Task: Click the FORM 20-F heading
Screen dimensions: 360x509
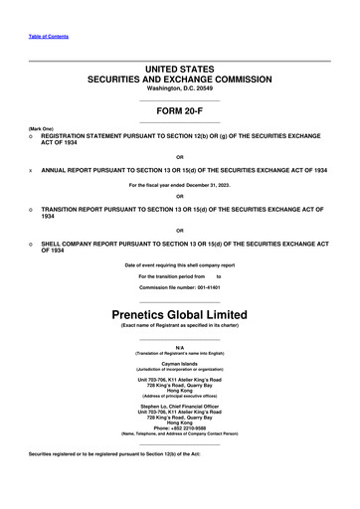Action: (180, 110)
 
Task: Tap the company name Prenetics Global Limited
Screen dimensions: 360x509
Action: (180, 315)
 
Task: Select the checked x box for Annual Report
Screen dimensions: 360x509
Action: (32, 170)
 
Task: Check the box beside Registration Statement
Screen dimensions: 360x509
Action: (32, 138)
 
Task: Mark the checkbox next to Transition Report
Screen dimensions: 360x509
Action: (32, 210)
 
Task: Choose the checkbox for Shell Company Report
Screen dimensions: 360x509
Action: (32, 242)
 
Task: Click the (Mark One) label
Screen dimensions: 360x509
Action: (41, 128)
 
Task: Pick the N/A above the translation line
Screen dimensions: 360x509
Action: (180, 348)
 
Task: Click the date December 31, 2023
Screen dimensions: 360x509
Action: (212, 185)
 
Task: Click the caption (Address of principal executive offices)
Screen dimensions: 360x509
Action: (180, 396)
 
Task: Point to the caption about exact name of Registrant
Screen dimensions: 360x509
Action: (180, 326)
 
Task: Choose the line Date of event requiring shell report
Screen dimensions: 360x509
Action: (180, 264)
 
